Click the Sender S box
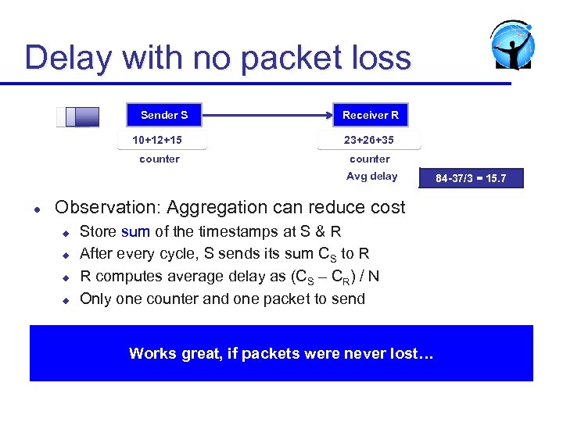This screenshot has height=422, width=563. [163, 115]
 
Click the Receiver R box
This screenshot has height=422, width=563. [370, 115]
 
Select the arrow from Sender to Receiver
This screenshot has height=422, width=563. [266, 115]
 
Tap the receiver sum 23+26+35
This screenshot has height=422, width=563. [369, 140]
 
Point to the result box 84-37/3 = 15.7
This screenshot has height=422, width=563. [471, 178]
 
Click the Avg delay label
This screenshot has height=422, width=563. [371, 176]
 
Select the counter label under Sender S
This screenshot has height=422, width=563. [160, 159]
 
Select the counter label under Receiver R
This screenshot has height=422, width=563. [369, 159]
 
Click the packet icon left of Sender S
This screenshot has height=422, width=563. [78, 116]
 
